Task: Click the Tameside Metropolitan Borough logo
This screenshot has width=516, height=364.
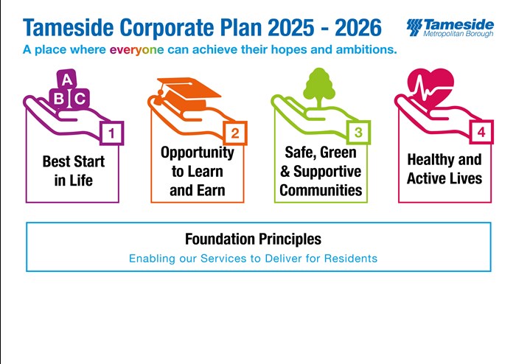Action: click(450, 27)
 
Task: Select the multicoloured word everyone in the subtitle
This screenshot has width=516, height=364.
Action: click(136, 50)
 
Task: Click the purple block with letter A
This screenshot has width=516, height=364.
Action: click(67, 80)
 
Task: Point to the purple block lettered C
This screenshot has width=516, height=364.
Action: click(80, 98)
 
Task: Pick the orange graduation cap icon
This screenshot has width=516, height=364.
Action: click(188, 93)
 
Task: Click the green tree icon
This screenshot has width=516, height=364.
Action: click(319, 88)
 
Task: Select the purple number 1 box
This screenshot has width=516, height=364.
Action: click(111, 133)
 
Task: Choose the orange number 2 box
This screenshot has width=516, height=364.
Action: click(235, 133)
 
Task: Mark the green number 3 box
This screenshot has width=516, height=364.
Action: click(358, 133)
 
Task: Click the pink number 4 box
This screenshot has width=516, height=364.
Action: click(481, 132)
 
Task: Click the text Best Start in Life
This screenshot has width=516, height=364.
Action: click(74, 171)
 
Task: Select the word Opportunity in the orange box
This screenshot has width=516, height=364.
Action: click(198, 153)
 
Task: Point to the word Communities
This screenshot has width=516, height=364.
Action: click(321, 190)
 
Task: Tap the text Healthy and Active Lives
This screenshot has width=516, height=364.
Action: click(444, 169)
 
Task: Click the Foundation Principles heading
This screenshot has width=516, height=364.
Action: click(253, 239)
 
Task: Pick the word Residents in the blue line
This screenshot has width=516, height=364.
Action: click(350, 259)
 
